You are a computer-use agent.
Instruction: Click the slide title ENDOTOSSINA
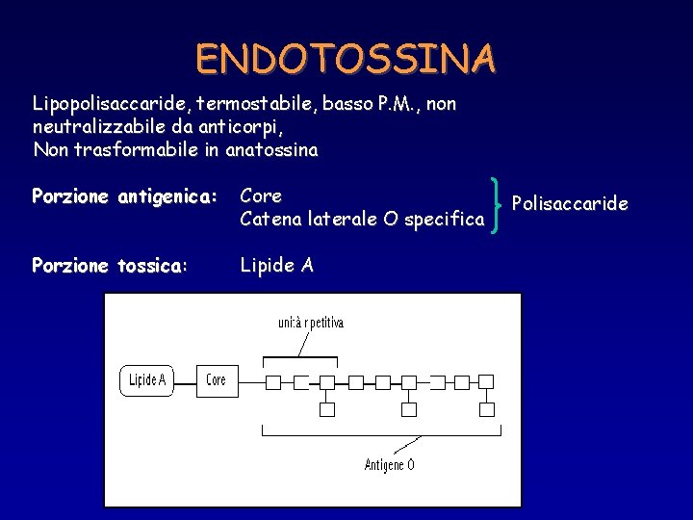346,59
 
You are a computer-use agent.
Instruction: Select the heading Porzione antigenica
126,196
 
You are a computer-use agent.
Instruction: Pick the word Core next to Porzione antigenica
261,195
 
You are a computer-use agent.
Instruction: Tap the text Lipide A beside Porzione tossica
276,266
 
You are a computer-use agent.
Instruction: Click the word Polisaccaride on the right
570,203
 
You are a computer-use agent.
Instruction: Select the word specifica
444,220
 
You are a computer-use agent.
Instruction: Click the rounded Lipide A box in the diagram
148,380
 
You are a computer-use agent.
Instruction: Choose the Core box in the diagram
217,380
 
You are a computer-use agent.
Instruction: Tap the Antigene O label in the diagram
390,464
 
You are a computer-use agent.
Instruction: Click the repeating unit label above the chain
310,323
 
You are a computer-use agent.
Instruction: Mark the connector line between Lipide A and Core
187,380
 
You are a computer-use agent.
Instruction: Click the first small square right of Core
272,382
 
